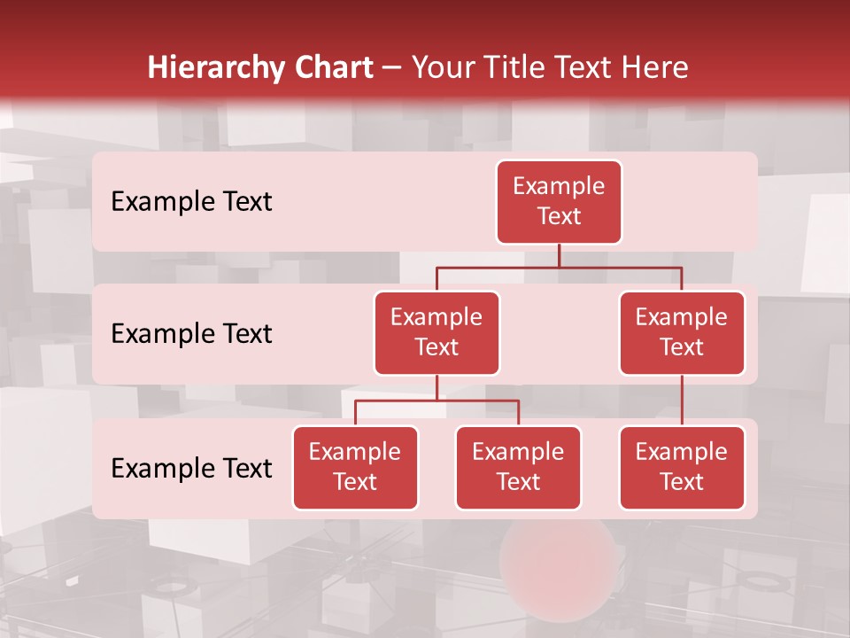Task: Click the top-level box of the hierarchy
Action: [559, 202]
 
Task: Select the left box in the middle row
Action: [437, 332]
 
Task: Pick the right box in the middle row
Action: [682, 332]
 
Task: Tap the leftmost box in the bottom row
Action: [355, 467]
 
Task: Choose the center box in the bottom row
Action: [518, 467]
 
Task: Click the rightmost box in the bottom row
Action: [682, 467]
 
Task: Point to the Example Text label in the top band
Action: [191, 202]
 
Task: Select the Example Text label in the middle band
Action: [191, 333]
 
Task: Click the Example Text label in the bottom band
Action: [191, 468]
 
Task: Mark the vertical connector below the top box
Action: [559, 255]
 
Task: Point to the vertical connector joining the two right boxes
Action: [682, 401]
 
